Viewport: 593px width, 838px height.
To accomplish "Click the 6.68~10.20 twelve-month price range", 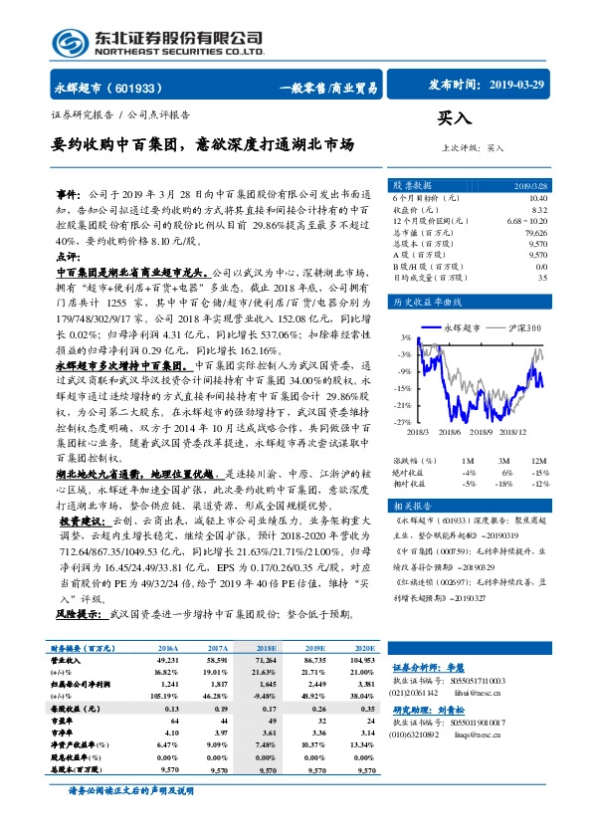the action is [x=525, y=220].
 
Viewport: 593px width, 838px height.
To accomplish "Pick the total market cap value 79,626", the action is [x=533, y=231].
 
